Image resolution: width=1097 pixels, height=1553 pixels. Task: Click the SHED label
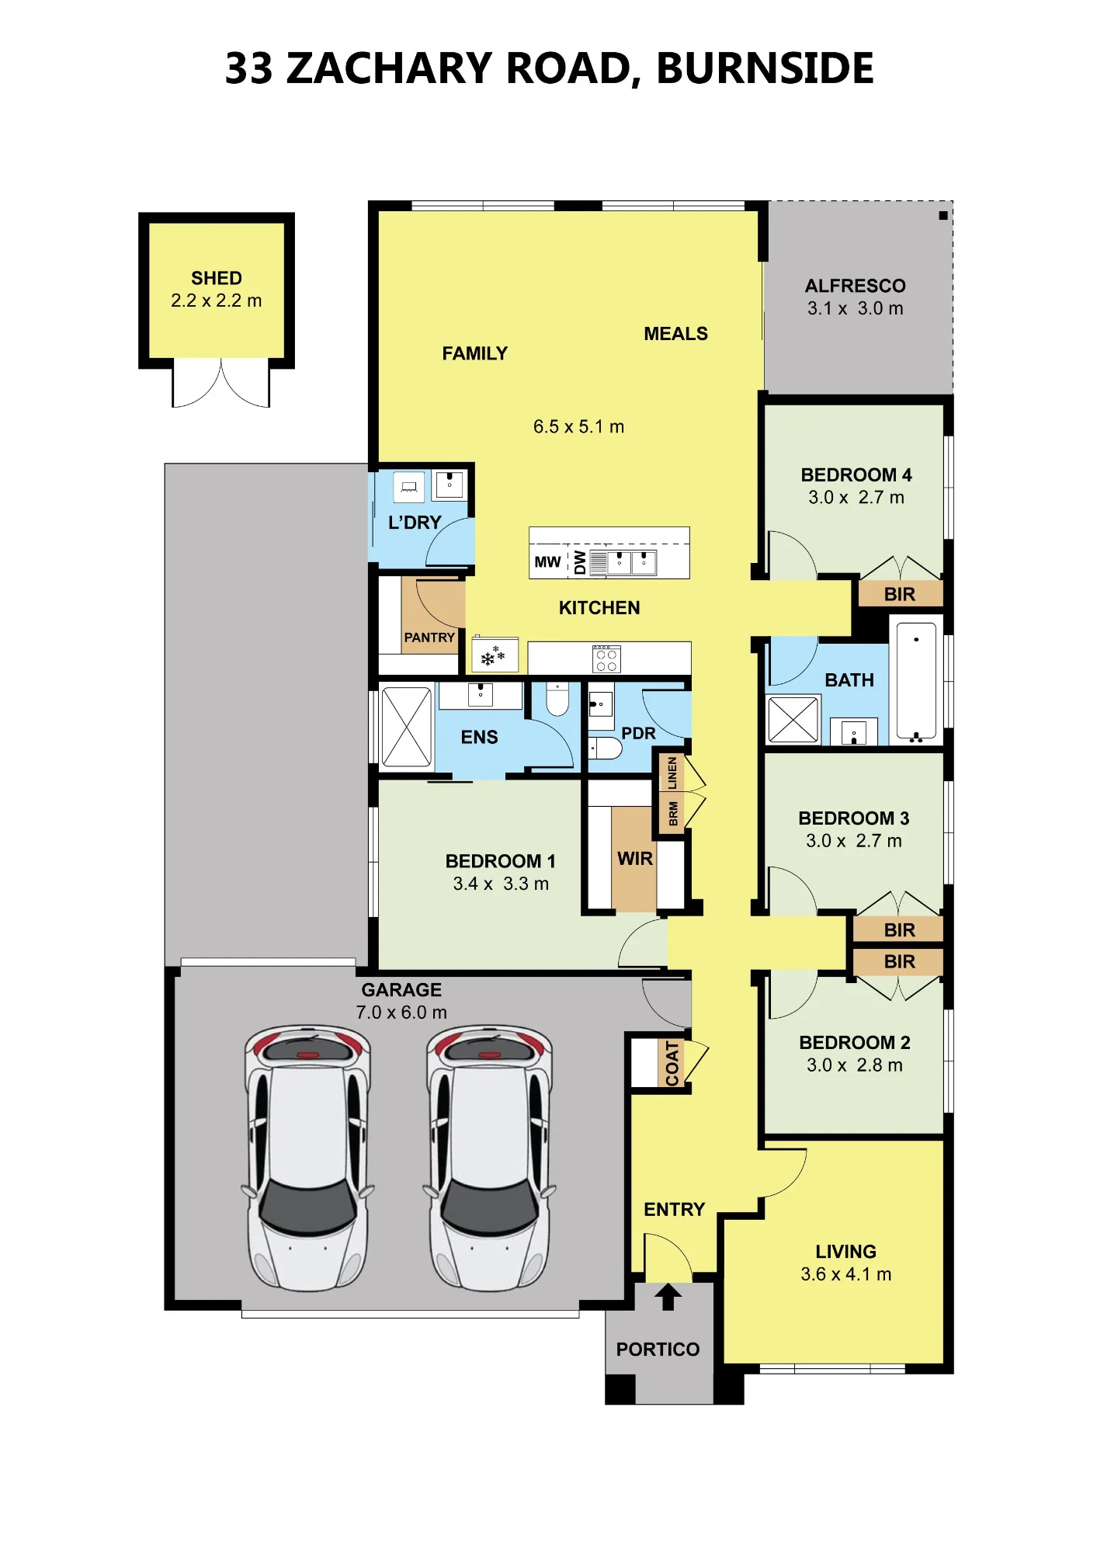click(217, 278)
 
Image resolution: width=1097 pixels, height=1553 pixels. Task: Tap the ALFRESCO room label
click(855, 286)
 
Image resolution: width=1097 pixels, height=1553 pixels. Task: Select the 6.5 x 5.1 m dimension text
click(578, 426)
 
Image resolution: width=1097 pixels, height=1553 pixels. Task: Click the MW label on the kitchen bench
click(547, 562)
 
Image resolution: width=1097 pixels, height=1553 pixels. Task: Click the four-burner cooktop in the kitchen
click(606, 659)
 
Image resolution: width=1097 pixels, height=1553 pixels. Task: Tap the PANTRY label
click(429, 638)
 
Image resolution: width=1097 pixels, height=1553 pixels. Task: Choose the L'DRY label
click(415, 523)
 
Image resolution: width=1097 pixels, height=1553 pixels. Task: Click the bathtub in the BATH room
click(916, 680)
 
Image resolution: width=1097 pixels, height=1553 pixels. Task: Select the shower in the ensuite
click(406, 727)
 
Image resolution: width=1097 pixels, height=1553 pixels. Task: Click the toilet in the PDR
click(606, 749)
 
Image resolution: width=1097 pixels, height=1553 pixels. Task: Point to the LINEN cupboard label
click(672, 773)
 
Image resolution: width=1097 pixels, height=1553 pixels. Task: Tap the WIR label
click(635, 859)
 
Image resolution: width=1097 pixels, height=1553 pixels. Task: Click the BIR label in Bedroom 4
click(899, 595)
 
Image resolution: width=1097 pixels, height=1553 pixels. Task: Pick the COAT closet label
click(672, 1064)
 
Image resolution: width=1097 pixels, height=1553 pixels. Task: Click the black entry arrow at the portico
click(668, 1297)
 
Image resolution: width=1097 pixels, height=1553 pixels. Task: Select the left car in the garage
click(307, 1158)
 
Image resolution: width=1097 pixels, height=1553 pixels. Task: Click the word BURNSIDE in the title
click(765, 68)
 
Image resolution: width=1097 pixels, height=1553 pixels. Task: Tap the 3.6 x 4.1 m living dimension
click(846, 1274)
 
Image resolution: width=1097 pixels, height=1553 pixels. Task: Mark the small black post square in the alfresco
click(943, 216)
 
